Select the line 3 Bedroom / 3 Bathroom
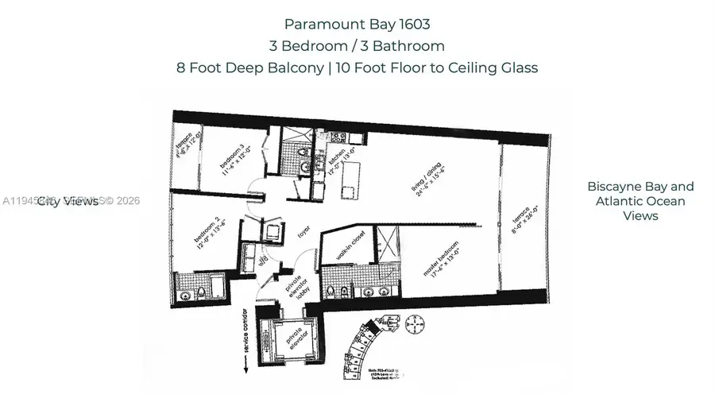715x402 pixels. [x=357, y=45]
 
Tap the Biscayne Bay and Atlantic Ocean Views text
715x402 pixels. [x=640, y=201]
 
